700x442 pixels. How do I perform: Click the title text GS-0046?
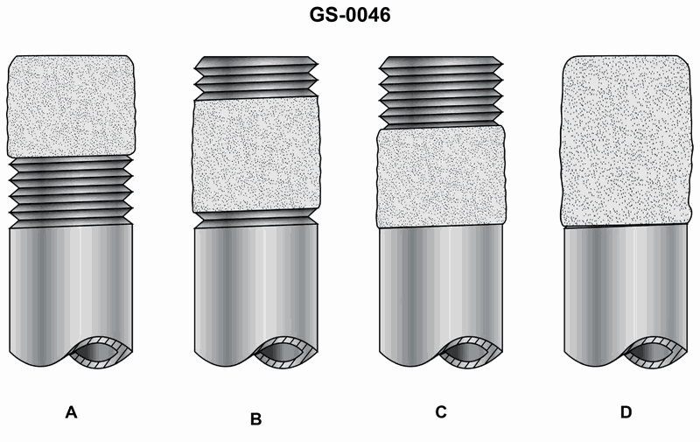tap(349, 15)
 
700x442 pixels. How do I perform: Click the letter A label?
tap(72, 412)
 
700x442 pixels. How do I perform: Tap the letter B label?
tap(255, 419)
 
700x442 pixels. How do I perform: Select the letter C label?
tap(441, 411)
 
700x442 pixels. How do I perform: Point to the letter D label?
tap(626, 412)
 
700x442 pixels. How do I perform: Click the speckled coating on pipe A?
tap(72, 106)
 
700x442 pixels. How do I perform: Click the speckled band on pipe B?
tap(256, 155)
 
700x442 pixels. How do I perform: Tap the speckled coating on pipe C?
tap(442, 177)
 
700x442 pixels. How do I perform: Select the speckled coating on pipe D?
tap(625, 141)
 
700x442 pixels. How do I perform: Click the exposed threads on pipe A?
tap(72, 192)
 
